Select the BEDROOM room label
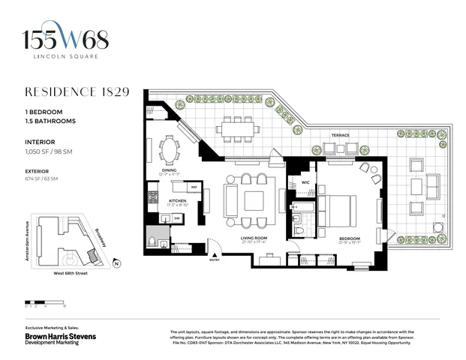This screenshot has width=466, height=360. tap(350, 239)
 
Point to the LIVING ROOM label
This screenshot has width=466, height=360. tap(254, 239)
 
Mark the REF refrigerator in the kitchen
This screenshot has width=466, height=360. tap(193, 187)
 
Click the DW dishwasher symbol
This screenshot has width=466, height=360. tap(176, 217)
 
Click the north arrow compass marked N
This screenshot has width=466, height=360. tap(116, 263)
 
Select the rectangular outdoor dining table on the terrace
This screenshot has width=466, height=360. tap(238, 129)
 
